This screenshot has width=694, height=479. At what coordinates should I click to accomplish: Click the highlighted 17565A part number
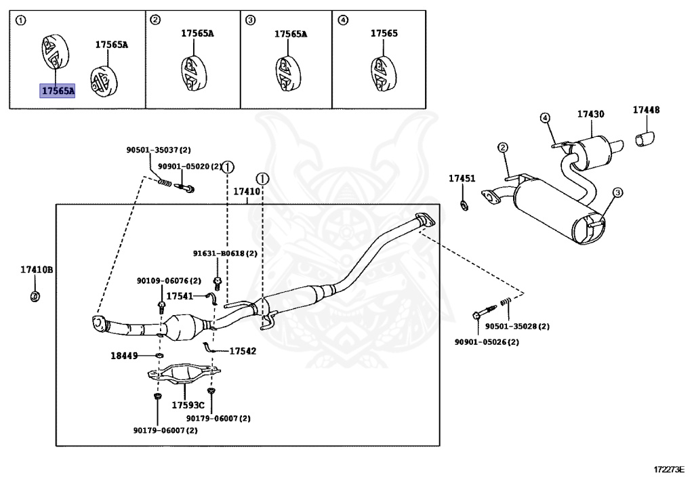pos(57,91)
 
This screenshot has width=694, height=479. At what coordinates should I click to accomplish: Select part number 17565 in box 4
pos(384,33)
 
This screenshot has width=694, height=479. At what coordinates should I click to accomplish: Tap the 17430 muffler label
pos(590,114)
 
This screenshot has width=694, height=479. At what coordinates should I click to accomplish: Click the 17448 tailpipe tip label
pos(646,110)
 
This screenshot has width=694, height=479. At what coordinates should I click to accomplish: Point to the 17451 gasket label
pos(462,178)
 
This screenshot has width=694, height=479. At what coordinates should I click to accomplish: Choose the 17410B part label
pos(37,270)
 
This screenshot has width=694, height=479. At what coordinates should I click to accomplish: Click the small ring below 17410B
pos(35,296)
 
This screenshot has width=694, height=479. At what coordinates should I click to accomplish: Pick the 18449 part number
pos(124,355)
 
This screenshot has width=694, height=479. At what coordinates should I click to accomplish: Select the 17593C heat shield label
pos(188,405)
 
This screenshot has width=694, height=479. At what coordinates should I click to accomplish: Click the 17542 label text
pos(243,351)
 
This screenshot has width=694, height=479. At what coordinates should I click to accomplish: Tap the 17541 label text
pos(180,296)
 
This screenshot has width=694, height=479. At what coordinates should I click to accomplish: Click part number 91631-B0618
pos(219,253)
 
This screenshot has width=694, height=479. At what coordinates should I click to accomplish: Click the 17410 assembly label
pos(247,192)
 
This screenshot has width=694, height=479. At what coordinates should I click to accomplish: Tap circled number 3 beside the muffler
pos(617,192)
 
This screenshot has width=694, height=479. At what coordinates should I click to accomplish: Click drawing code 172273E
pos(669,469)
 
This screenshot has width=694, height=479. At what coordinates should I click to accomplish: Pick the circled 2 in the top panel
pos(155,20)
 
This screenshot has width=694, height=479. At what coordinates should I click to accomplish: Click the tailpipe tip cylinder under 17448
pos(645,138)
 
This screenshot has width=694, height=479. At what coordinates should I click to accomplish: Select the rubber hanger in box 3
pos(288,74)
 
